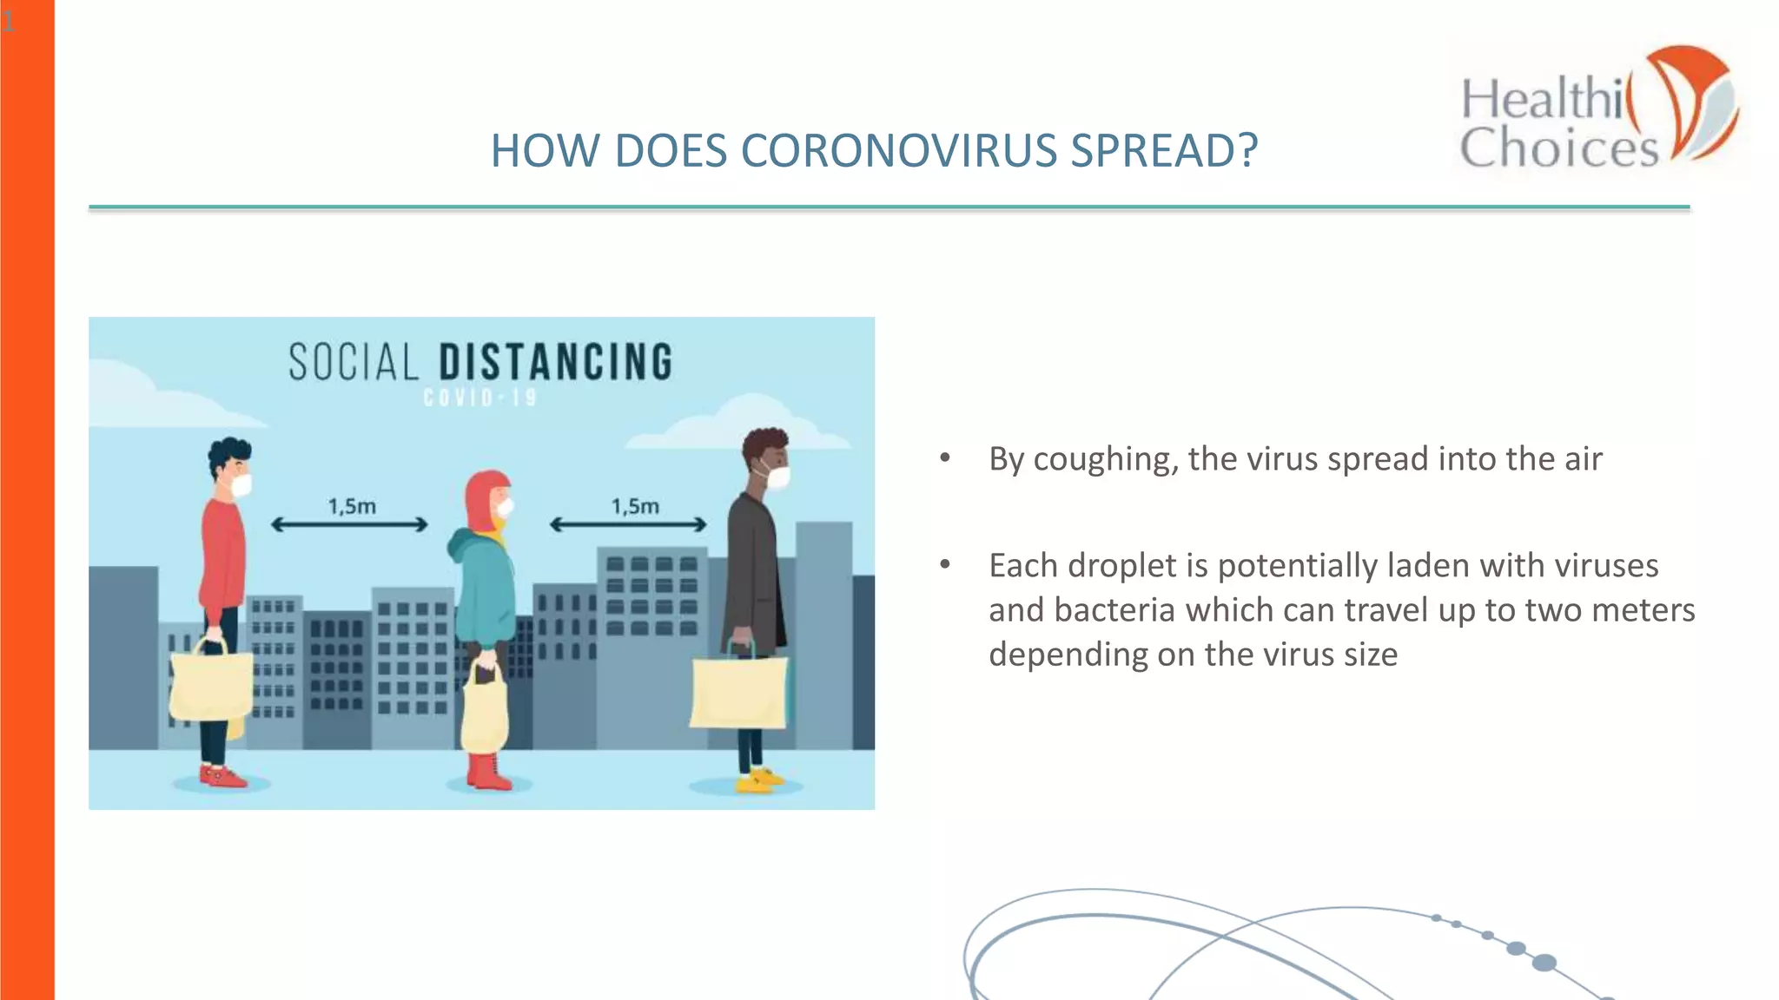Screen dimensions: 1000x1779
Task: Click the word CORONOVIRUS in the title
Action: coord(899,151)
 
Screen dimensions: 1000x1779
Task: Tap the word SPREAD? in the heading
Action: coord(1164,151)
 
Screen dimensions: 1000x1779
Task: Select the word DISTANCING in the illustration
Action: coord(556,362)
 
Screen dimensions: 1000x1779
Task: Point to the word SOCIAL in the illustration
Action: coord(354,362)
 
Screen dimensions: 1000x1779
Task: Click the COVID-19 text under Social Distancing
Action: coord(480,398)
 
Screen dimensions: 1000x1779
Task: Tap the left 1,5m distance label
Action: coord(352,506)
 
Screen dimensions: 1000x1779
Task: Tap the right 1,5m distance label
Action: coord(635,506)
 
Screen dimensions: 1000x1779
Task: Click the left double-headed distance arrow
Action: coord(349,524)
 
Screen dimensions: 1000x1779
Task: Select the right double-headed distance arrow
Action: coord(628,524)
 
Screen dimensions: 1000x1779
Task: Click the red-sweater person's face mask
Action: coord(241,484)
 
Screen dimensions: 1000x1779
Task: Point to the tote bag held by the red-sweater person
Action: coord(211,686)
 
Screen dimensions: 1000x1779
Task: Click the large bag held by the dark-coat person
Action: coord(739,691)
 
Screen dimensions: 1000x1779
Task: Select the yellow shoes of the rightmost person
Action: coord(757,780)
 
